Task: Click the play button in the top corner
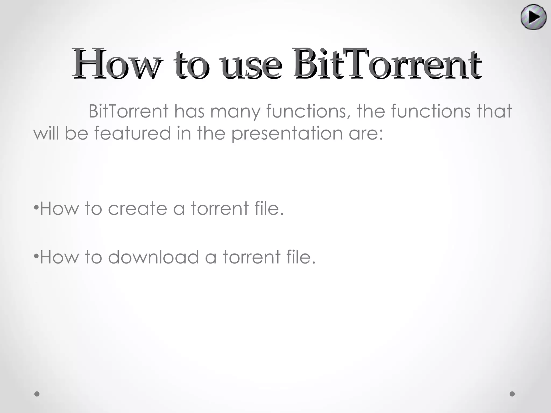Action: coord(534,17)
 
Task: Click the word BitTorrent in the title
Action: coord(387,64)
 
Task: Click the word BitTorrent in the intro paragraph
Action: coord(129,111)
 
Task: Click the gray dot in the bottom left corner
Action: coord(37,394)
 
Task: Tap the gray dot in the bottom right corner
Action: coord(512,394)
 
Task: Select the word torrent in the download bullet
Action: coord(251,257)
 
